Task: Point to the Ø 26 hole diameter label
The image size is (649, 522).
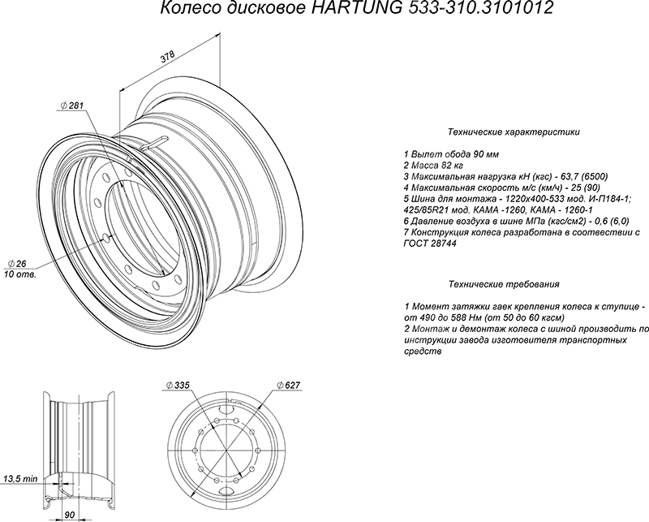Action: (17, 264)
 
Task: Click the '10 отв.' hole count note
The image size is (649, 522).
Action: (19, 274)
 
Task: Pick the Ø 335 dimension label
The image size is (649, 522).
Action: (177, 386)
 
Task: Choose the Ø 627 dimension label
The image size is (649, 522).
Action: (288, 386)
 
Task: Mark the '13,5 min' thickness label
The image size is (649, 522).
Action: (20, 479)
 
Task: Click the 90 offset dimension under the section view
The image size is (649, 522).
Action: (70, 515)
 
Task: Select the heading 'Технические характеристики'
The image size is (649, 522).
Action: (514, 132)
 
